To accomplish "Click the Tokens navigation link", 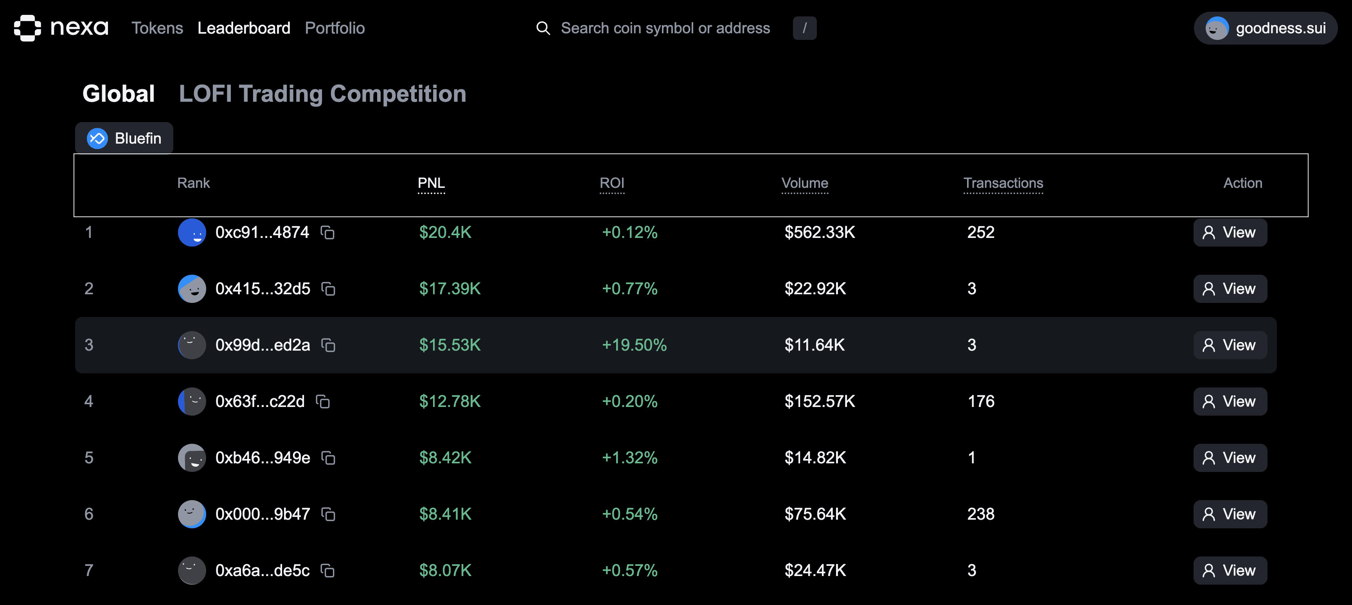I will [157, 28].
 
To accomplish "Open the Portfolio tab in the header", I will [334, 28].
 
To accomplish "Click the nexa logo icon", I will [27, 28].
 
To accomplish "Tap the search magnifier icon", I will [543, 28].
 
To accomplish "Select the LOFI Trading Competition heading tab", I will [322, 94].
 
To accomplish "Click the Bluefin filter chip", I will [124, 138].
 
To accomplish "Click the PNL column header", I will [431, 183].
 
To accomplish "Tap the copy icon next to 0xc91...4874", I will [327, 233].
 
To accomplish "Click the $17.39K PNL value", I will [449, 289].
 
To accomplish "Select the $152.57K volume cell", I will [819, 401].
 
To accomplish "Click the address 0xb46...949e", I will [262, 458].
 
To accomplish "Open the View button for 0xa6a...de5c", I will [1229, 570].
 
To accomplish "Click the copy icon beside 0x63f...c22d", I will [323, 402].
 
